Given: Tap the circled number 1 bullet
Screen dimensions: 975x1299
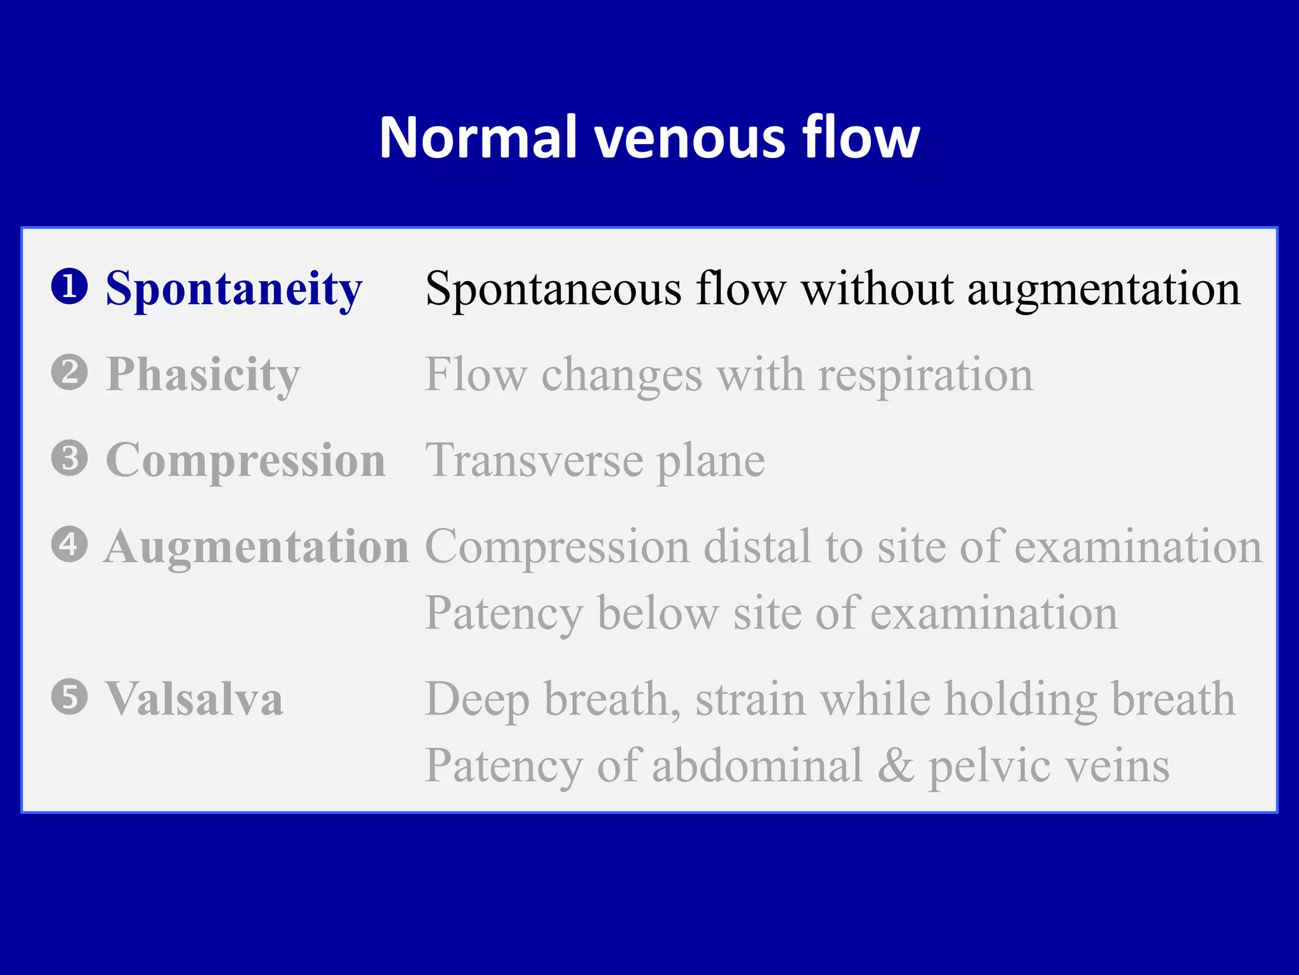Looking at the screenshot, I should click(x=69, y=287).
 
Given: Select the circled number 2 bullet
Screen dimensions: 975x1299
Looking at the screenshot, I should click(x=69, y=373).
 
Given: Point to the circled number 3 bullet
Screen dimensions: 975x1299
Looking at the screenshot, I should click(x=69, y=458).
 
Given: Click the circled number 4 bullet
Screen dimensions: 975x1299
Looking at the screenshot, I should click(x=69, y=545).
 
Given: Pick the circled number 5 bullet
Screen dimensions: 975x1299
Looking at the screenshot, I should click(x=69, y=697).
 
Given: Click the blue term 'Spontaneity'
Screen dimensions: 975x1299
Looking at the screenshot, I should click(x=234, y=289).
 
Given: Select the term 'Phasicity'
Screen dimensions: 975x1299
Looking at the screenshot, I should click(x=203, y=375).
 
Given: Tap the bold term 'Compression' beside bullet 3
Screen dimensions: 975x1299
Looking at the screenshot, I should click(x=246, y=461).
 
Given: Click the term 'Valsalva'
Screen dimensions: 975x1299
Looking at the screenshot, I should click(x=194, y=699).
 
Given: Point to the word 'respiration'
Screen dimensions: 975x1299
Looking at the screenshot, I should click(x=925, y=375).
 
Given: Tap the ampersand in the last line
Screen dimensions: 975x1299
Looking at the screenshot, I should click(x=896, y=766).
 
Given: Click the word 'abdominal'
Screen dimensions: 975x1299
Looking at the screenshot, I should click(x=757, y=766).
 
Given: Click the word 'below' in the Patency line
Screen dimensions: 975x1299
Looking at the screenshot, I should click(x=658, y=613).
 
